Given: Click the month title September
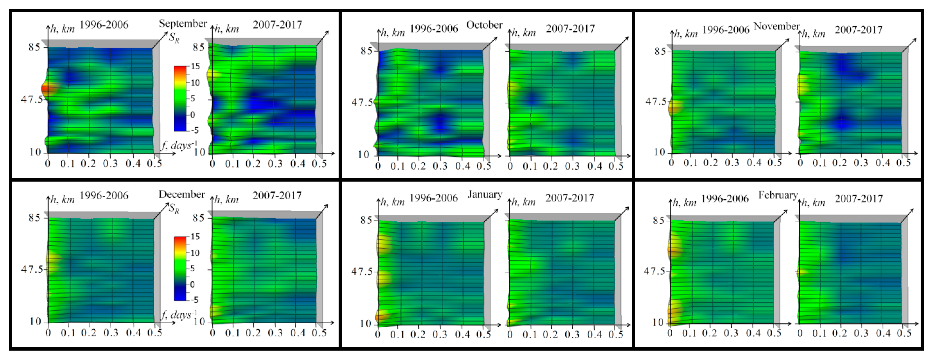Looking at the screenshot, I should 183,24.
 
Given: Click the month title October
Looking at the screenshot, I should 484,25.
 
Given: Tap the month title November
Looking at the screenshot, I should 776,26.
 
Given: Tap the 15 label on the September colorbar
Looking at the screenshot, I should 195,66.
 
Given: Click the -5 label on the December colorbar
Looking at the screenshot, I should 194,300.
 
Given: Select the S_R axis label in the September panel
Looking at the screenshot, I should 174,38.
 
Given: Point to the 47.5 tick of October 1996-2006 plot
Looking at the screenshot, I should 362,103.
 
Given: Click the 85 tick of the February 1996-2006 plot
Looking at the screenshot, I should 658,220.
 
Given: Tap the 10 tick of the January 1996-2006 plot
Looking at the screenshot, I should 365,324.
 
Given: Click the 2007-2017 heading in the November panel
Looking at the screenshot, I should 858,30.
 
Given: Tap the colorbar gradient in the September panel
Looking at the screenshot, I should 180,98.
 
